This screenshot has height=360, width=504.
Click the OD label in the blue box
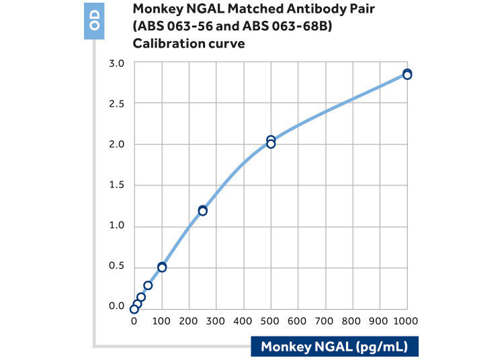[x=95, y=20]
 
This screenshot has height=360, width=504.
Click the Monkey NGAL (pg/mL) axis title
[x=334, y=347]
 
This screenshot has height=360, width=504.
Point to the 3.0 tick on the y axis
[x=116, y=63]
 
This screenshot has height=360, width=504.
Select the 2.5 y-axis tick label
[x=116, y=103]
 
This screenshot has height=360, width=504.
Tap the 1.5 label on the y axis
[x=116, y=185]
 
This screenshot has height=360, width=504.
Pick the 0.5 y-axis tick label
[x=116, y=265]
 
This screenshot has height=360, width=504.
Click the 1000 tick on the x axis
[x=406, y=321]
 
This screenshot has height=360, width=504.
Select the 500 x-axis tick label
[x=270, y=321]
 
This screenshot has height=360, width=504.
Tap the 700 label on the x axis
[x=325, y=321]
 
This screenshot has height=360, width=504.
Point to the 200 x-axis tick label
[x=189, y=321]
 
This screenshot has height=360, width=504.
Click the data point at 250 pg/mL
[x=202, y=211]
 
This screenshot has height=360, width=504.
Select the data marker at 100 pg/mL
[x=162, y=267]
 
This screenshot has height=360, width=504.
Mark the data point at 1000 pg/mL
[x=407, y=74]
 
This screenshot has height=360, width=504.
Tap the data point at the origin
[x=134, y=309]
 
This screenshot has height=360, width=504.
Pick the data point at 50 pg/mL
[x=148, y=285]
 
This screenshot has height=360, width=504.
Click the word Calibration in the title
[x=167, y=44]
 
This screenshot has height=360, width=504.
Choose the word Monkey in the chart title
[x=158, y=9]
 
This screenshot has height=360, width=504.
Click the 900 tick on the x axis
[x=378, y=321]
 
